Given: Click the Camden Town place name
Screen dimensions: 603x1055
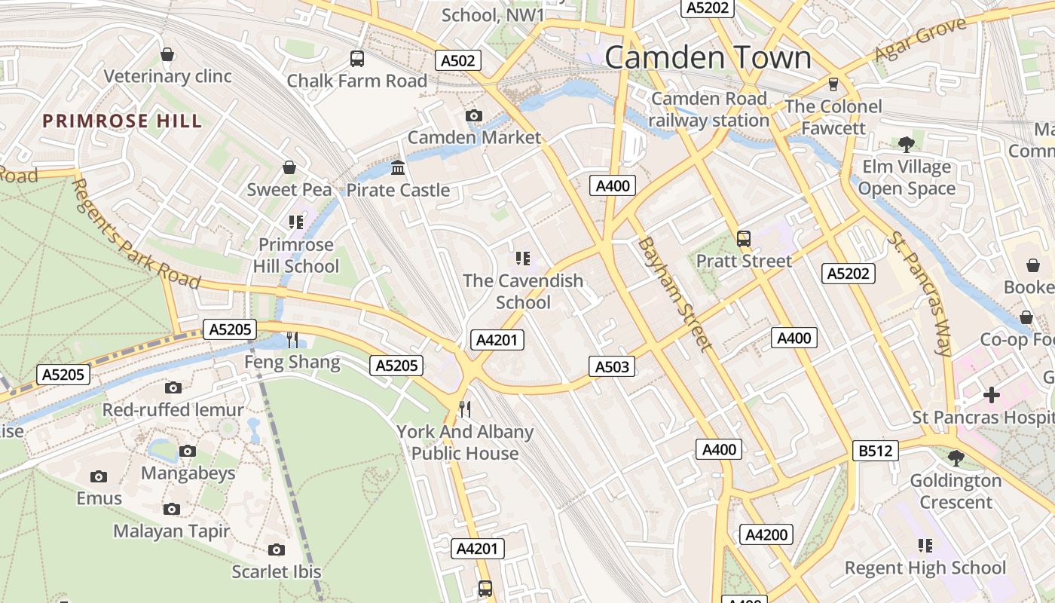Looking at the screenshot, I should click(x=708, y=58).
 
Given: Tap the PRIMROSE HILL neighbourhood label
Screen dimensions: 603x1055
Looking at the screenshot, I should click(x=122, y=121).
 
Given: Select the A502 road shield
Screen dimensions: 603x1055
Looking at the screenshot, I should click(x=458, y=61).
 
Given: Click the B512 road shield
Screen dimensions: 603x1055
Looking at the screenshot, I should click(x=876, y=451).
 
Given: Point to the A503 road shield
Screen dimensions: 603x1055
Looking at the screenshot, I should click(x=611, y=367).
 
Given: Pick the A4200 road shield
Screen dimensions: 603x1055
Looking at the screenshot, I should click(x=766, y=534).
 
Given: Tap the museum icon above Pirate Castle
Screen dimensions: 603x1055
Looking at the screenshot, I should click(x=398, y=167).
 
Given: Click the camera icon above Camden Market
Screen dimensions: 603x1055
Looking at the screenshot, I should click(x=473, y=115).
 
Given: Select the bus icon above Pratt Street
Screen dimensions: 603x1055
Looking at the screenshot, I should click(x=744, y=239).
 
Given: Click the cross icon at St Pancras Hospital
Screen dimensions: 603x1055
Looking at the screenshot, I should click(x=991, y=395).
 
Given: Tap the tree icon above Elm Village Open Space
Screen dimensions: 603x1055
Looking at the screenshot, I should click(x=907, y=144).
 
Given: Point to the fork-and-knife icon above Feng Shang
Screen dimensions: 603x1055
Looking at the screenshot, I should click(x=292, y=340).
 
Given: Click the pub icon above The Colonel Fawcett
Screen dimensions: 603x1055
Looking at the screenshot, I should click(x=833, y=84).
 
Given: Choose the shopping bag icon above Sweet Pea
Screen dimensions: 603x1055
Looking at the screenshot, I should click(x=289, y=167).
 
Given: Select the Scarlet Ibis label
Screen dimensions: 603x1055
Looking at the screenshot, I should click(x=277, y=571).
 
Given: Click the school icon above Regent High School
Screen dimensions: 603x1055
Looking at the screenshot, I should click(x=925, y=545).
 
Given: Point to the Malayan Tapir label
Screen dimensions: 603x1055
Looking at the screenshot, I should click(x=172, y=531).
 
